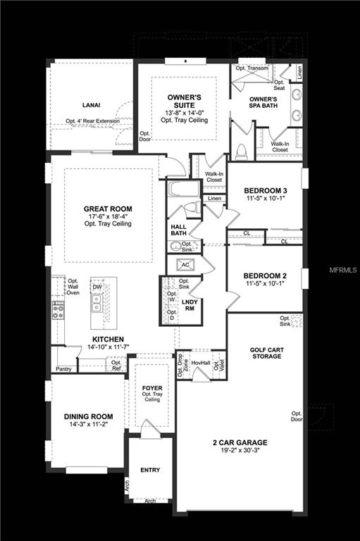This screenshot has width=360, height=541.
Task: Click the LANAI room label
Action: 92,105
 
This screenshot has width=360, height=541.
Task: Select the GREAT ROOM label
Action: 108,209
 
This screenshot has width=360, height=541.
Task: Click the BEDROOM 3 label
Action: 266,190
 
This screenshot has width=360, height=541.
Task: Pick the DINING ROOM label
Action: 89,416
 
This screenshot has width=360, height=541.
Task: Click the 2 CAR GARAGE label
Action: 240,443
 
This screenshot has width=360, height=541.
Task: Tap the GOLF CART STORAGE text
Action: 265,352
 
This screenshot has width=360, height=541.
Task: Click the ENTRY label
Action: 149,470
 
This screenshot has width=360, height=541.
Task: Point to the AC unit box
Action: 186,265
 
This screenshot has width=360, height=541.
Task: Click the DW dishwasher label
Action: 97,287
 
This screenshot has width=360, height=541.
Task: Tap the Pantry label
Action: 63,368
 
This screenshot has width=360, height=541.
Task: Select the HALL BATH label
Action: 179,230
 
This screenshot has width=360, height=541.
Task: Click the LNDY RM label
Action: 189,305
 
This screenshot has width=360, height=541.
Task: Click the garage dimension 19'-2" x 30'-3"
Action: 240,452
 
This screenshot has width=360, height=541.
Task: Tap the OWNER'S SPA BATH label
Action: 263,104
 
